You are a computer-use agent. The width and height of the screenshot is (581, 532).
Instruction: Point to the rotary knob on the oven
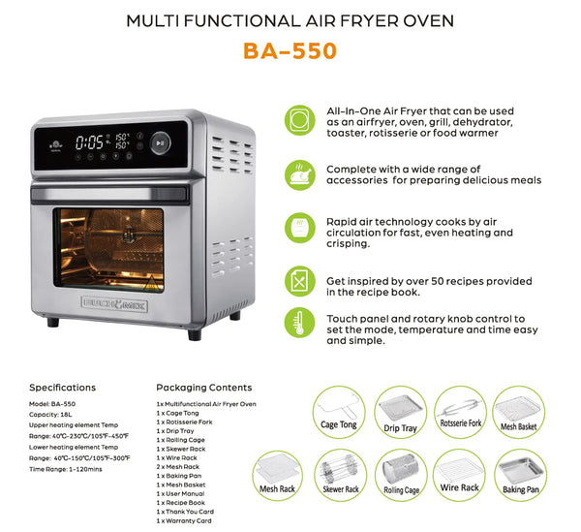tap(160, 142)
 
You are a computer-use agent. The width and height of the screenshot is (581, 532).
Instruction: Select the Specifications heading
tap(62, 388)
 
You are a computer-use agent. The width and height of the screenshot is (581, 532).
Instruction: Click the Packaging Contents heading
tap(203, 388)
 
